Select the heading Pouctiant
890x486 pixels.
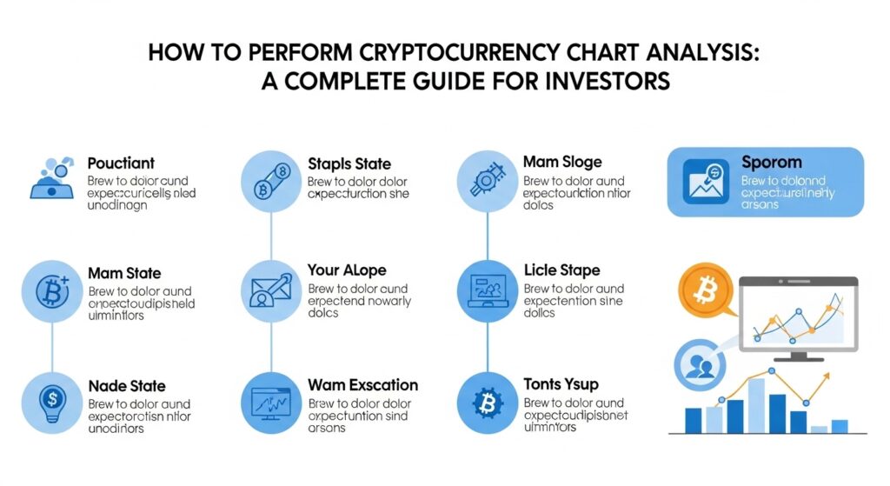point(121,163)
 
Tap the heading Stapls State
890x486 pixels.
point(349,163)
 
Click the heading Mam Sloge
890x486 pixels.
point(562,163)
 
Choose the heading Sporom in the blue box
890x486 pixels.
point(772,163)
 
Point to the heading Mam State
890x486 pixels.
point(124,274)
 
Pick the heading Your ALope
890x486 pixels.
point(347,270)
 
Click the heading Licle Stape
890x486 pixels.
point(561,270)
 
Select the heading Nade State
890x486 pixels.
point(127,385)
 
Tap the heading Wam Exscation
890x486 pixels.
point(362,385)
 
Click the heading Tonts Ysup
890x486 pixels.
point(561,385)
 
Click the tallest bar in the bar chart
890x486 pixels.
point(756,405)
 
